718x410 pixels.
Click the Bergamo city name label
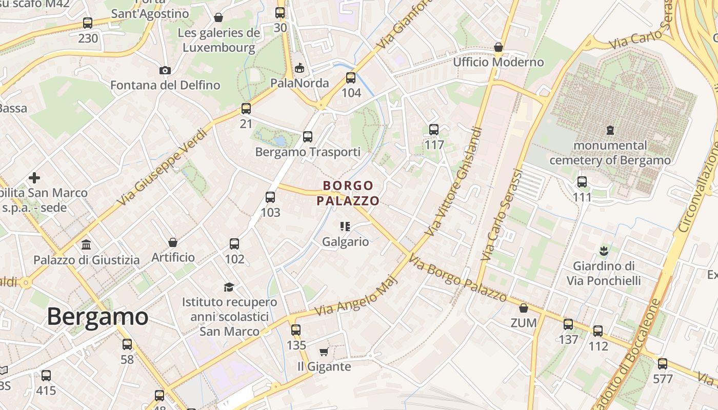click(x=97, y=317)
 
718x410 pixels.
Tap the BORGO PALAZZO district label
click(x=348, y=193)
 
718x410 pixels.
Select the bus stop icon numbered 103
click(x=270, y=197)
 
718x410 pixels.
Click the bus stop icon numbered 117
click(x=434, y=130)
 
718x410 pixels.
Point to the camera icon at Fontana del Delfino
click(x=165, y=70)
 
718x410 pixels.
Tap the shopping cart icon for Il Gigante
click(x=324, y=352)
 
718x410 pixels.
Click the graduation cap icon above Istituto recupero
click(x=229, y=287)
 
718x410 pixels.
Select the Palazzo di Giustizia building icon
click(x=86, y=244)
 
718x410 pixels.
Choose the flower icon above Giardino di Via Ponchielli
click(x=604, y=251)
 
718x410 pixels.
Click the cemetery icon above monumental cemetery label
click(x=610, y=130)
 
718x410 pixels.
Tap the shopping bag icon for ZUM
click(x=524, y=308)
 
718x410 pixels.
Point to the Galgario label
click(x=345, y=241)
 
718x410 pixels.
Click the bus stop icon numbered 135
click(x=296, y=330)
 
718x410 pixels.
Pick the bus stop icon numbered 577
click(x=663, y=364)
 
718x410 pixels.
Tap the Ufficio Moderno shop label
click(x=498, y=62)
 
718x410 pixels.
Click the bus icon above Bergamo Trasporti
click(x=308, y=137)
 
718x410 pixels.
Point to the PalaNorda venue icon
click(x=300, y=68)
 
